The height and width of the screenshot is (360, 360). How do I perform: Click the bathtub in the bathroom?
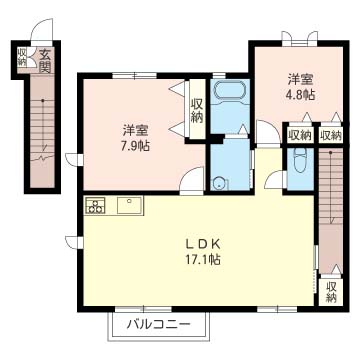pos(230,91)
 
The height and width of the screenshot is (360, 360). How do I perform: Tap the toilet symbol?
pos(300,160)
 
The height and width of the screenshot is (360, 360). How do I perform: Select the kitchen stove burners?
pos(95,205)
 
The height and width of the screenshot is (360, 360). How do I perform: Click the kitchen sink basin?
pos(130,205)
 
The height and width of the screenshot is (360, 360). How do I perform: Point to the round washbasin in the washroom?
pos(219,183)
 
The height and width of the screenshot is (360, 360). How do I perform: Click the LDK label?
pos(203,245)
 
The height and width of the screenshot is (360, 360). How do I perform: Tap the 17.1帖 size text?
pos(203,260)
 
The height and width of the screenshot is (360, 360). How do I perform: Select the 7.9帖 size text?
pos(135,146)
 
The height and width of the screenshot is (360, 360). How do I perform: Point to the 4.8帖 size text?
pos(300,94)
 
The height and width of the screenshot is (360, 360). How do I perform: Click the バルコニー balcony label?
pos(159,323)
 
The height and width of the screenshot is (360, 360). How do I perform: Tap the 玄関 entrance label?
pos(44,61)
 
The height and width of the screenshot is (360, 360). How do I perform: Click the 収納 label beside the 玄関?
pos(22,56)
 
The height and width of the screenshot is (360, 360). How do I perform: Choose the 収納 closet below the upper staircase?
pos(331,292)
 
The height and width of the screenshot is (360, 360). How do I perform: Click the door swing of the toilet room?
pos(274,179)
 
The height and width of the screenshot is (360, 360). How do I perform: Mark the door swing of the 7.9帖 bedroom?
pos(192,179)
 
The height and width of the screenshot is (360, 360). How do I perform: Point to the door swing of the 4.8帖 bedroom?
pos(268,132)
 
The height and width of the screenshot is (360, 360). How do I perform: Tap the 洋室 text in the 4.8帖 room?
pos(300,80)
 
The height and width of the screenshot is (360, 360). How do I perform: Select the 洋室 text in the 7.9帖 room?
pos(135,131)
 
